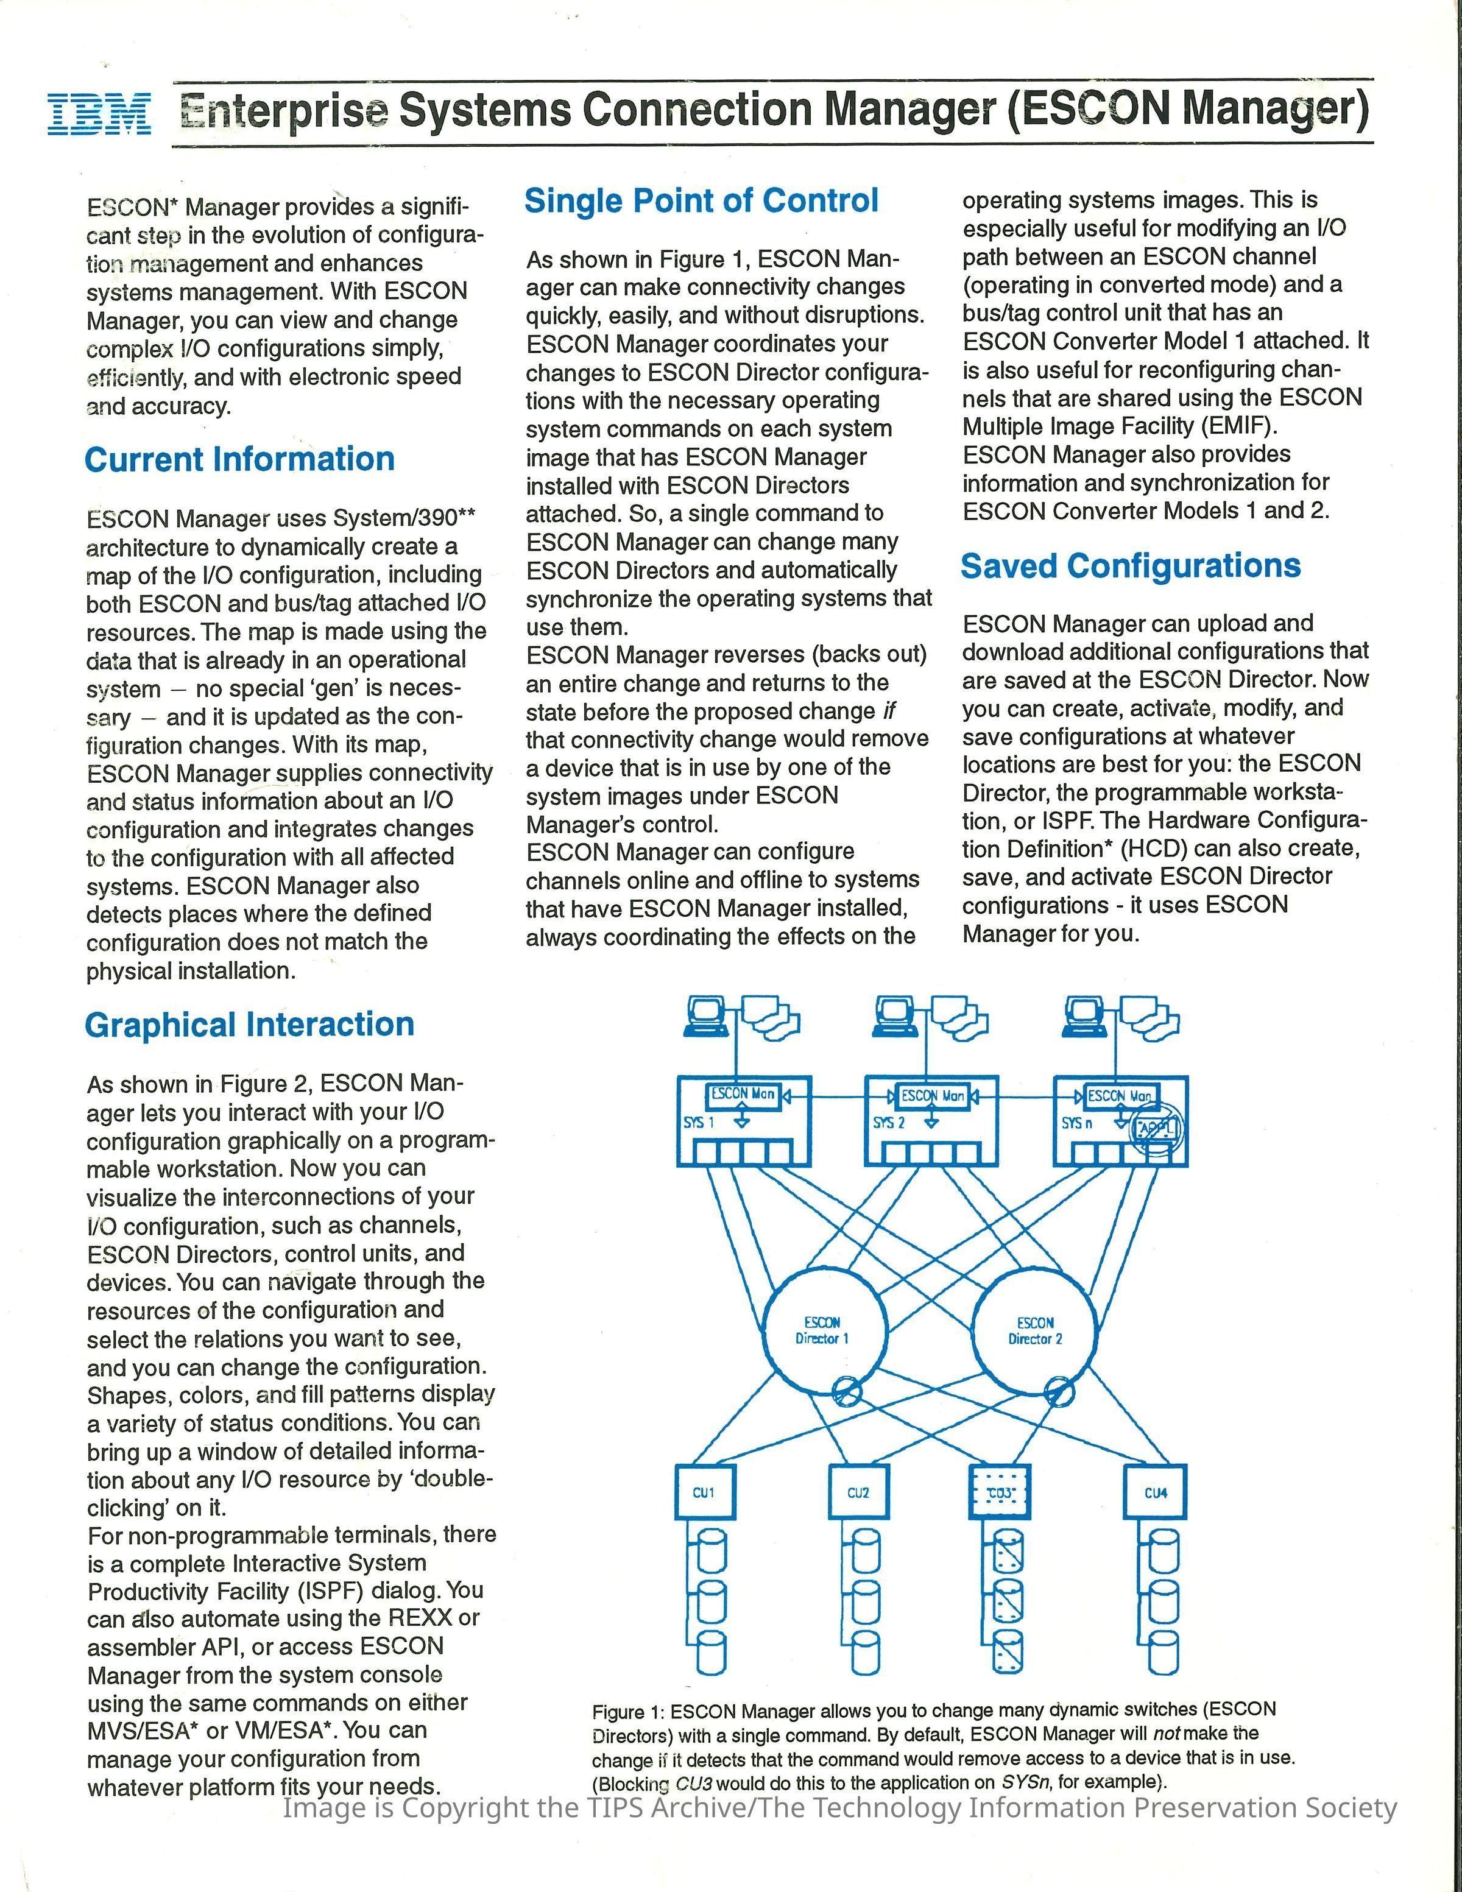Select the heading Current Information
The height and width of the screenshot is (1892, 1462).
click(x=239, y=459)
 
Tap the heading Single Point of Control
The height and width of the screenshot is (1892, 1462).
click(x=701, y=201)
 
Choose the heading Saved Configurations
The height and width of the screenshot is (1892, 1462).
click(x=1129, y=566)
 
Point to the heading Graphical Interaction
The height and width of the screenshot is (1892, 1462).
click(x=249, y=1025)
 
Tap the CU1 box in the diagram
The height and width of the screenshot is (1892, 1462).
click(x=704, y=1492)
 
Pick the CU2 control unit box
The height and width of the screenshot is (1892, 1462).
click(x=858, y=1492)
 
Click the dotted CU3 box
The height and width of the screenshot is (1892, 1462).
click(x=1000, y=1492)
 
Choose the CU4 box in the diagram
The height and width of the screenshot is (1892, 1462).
click(x=1156, y=1492)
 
